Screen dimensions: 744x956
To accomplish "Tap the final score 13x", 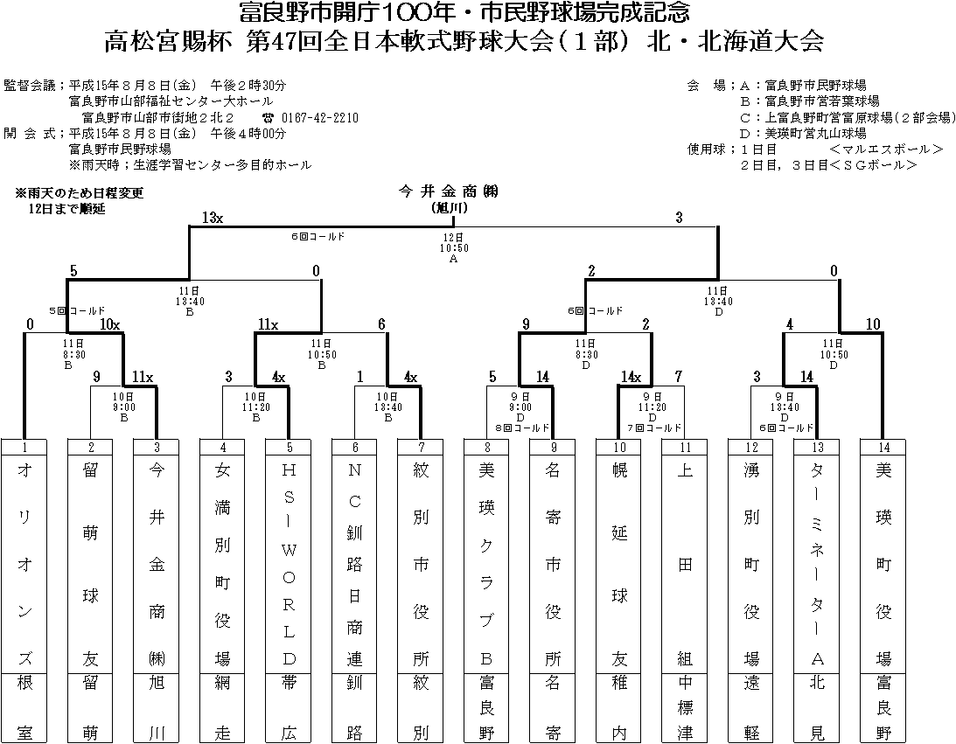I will point(213,218).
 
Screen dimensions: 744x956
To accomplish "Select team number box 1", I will point(24,447).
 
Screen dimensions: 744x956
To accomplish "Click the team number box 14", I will point(883,447).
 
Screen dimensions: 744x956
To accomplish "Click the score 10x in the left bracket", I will point(108,324).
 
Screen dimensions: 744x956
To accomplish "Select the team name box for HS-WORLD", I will point(289,563).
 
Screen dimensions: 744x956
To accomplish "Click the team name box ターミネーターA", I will point(817,563).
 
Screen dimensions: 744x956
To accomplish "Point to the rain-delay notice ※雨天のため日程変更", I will point(79,192).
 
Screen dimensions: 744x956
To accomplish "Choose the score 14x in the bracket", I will point(631,377).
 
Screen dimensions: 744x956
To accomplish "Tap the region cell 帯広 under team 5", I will point(289,707).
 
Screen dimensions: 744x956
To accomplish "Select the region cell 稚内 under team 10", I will point(619,707).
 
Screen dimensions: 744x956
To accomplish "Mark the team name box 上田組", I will point(686,563).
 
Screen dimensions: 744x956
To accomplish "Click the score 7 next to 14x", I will point(677,377).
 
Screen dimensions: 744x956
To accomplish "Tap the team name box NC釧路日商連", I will point(354,563).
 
